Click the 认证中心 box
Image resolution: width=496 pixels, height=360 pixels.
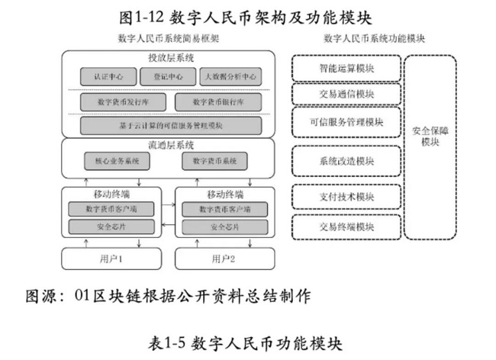108,77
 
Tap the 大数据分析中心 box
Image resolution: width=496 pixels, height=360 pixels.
230,77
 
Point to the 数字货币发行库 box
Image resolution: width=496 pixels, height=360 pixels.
118,101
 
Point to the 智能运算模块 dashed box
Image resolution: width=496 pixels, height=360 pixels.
346,68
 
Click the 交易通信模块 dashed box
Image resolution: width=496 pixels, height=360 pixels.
346,94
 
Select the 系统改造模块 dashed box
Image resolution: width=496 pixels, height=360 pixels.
346,161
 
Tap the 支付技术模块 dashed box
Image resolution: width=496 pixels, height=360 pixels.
346,196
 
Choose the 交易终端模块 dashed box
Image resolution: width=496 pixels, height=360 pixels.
346,227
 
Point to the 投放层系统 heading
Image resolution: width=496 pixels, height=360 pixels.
168,58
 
